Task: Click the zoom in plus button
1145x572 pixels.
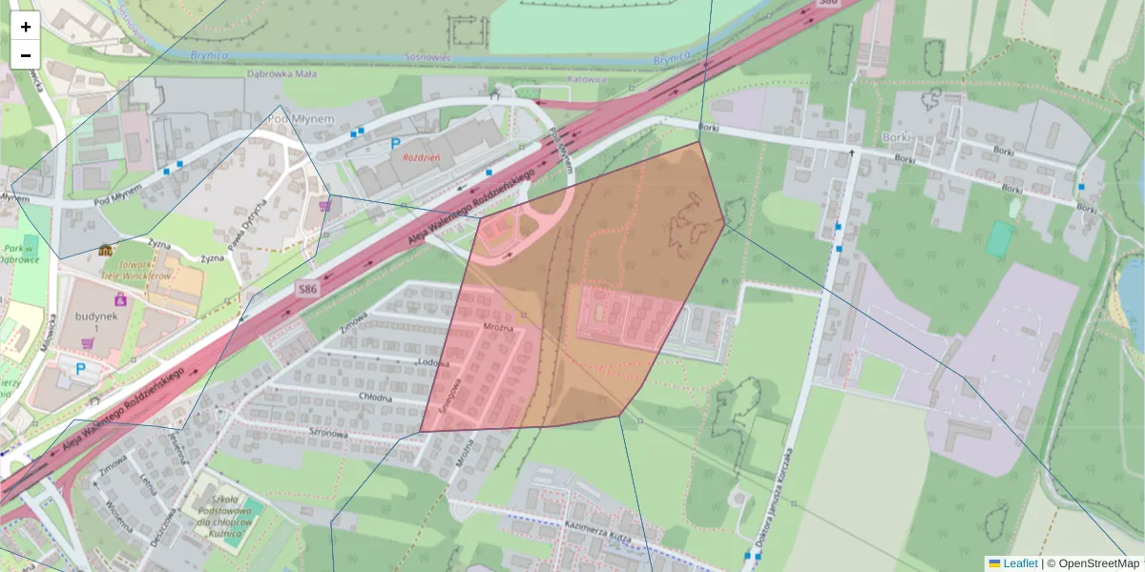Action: pos(26,27)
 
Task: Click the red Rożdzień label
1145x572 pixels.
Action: pos(420,157)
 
